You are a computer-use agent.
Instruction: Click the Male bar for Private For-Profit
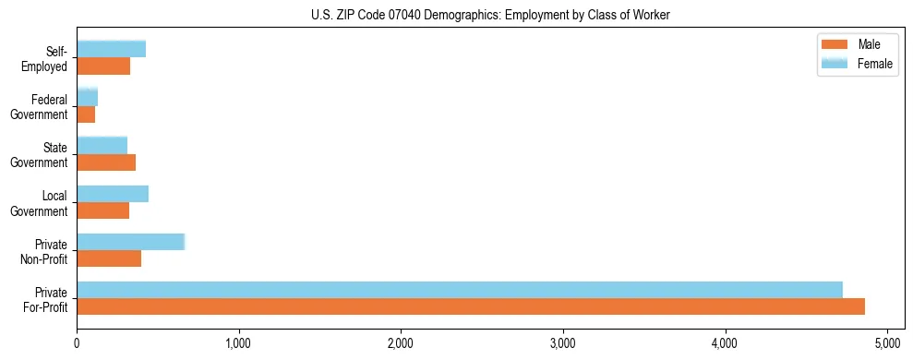(471, 306)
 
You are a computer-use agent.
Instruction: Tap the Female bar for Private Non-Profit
(131, 242)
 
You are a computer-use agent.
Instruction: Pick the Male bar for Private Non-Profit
(109, 258)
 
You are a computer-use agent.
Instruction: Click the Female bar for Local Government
(113, 194)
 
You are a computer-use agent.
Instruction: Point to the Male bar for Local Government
(103, 210)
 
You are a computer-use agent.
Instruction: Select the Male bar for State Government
(106, 162)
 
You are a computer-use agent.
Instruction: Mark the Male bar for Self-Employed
(103, 66)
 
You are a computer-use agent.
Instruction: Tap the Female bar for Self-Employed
(112, 50)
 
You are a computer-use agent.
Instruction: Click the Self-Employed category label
(48, 58)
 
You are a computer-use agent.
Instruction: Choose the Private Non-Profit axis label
(46, 251)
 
